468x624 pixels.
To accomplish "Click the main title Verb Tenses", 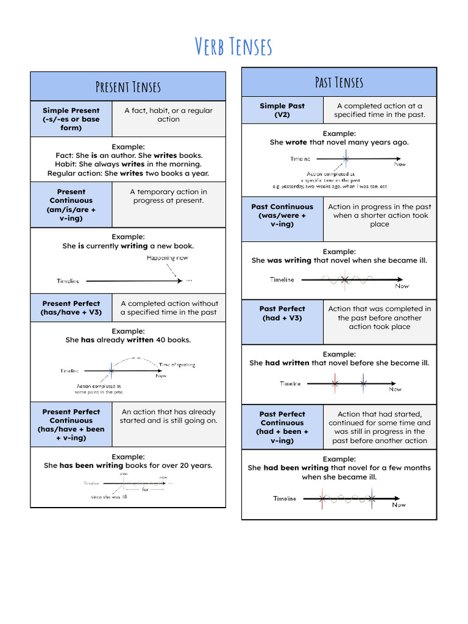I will tap(233, 46).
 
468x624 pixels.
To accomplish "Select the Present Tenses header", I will tap(128, 87).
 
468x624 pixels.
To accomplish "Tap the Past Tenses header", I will tap(339, 82).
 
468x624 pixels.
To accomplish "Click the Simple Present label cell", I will tap(71, 119).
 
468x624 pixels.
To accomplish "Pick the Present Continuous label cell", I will tap(71, 205).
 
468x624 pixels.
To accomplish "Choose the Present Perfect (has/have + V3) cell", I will tap(71, 308).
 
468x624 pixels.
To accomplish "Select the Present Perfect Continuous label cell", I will tap(71, 425).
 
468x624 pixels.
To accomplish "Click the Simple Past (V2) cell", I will tap(282, 110).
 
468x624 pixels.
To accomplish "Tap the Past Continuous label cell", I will tap(282, 215).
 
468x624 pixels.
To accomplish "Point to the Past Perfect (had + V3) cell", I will tap(282, 313).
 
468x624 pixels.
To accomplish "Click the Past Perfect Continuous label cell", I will tap(282, 427).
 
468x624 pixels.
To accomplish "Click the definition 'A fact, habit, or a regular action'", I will tap(169, 115).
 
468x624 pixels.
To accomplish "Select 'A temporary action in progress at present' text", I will tap(169, 196).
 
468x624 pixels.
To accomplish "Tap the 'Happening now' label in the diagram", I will tap(168, 258).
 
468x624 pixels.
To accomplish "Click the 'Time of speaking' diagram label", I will tap(177, 364).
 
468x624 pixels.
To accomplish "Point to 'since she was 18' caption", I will tap(109, 497).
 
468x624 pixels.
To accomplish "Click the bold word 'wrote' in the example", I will tap(296, 142).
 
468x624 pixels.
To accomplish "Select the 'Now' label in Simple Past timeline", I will tap(400, 164).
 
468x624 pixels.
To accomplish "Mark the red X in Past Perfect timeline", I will tap(335, 384).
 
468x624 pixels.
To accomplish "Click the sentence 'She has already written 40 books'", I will tap(128, 340).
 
